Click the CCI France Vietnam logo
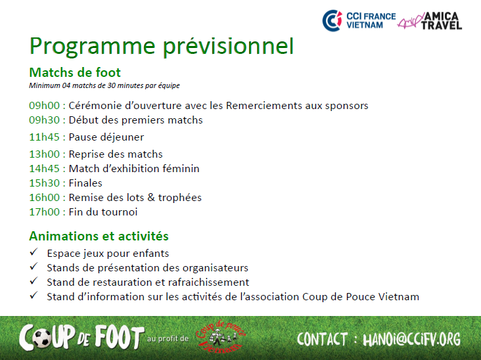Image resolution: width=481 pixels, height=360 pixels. (359, 20)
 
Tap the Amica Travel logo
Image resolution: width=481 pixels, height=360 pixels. (430, 20)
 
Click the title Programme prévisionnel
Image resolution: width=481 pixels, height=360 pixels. (162, 46)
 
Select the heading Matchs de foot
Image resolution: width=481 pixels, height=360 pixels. (75, 73)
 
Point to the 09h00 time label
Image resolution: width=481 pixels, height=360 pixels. (45, 106)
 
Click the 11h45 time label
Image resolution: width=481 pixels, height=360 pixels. (44, 137)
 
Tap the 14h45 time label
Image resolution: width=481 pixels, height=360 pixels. (44, 169)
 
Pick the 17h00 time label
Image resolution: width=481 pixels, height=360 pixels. (45, 212)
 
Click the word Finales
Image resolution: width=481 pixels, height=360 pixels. (85, 183)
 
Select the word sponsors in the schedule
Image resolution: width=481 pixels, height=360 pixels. (347, 106)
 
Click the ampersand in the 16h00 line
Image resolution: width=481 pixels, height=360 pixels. (151, 198)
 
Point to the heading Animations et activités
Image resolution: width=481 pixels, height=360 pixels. (99, 236)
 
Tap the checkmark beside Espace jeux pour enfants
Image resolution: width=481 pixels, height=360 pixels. (34, 252)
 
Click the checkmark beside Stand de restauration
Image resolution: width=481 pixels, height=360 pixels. (34, 281)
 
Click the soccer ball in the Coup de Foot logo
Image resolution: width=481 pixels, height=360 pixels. (41, 338)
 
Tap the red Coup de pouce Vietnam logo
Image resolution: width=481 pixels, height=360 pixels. (221, 337)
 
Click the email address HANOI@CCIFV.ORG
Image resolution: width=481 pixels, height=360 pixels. (411, 340)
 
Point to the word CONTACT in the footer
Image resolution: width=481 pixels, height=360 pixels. (322, 340)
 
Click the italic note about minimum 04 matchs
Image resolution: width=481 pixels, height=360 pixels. (104, 85)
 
